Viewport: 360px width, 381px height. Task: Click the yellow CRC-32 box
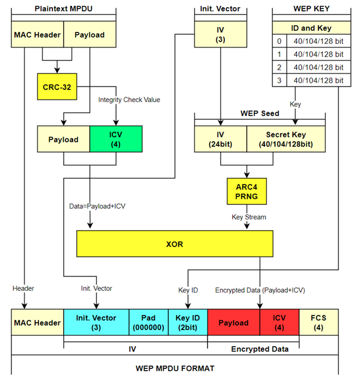coord(58,87)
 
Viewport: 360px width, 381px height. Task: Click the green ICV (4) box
coord(115,139)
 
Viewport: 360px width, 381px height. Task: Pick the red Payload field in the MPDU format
coord(233,323)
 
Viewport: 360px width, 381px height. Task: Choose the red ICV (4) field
coord(279,323)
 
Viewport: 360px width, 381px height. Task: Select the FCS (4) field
coord(318,323)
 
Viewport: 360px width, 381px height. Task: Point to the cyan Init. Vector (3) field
coord(96,323)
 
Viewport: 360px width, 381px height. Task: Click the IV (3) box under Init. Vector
coord(221,35)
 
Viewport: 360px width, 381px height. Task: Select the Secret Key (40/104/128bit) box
coord(285,139)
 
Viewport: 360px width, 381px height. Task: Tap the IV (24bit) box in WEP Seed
coord(220,139)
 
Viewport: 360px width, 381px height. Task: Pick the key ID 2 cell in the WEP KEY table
coord(278,67)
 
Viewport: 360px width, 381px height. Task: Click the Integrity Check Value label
coord(129,99)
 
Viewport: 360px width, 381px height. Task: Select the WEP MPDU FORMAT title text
coord(174,367)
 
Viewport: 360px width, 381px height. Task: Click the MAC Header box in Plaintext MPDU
coord(37,35)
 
